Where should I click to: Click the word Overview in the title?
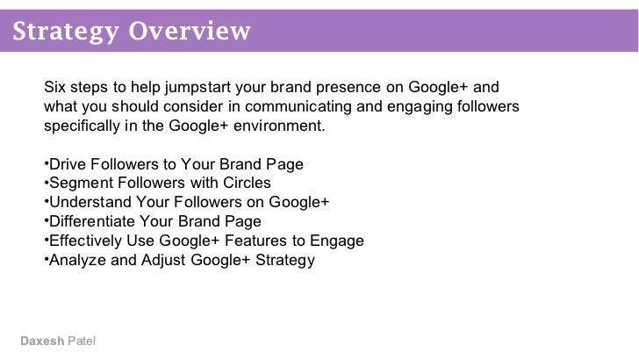click(190, 32)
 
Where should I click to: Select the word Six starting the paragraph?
click(54, 88)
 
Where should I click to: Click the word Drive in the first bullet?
click(67, 164)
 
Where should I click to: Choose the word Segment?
click(78, 183)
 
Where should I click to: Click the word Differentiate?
click(92, 221)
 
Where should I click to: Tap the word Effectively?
click(85, 241)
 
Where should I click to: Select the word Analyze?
click(75, 260)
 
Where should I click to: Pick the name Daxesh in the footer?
click(41, 341)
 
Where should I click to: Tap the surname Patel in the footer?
click(82, 341)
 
